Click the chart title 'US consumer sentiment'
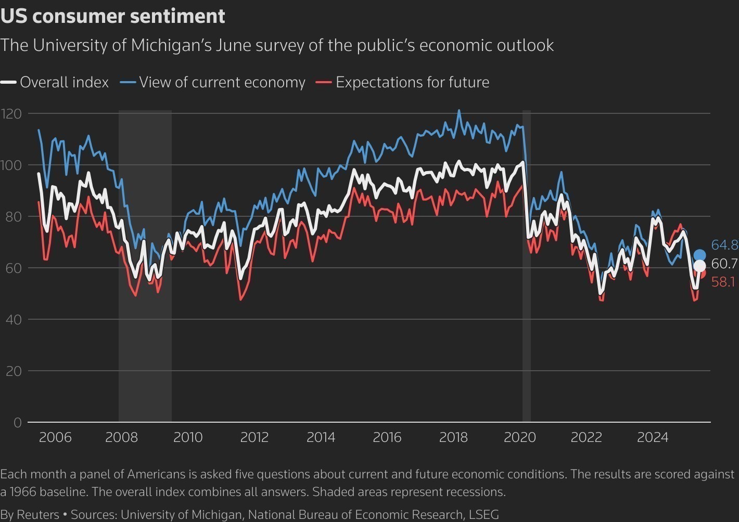[113, 16]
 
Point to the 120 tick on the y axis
[11, 113]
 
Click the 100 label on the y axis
[11, 165]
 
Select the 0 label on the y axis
[18, 422]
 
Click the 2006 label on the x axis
[55, 437]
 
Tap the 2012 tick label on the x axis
[254, 437]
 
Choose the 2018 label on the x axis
[453, 437]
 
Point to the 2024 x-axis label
[653, 437]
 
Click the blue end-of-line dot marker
[699, 255]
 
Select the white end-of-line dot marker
[699, 266]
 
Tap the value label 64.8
[724, 245]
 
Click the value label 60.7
[724, 264]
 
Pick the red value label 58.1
[723, 282]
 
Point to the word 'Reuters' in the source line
[38, 515]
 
